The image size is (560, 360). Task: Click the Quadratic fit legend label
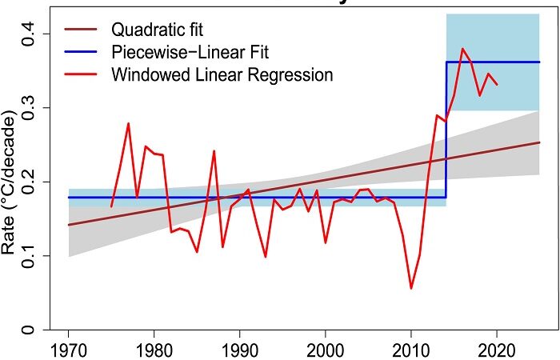(x=157, y=30)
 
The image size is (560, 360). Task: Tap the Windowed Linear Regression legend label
(x=222, y=75)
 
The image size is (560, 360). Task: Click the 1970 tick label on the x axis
(x=69, y=350)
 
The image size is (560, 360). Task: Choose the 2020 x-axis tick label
(x=497, y=350)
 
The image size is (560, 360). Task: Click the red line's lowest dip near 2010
(x=411, y=288)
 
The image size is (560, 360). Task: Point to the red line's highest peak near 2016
(x=462, y=49)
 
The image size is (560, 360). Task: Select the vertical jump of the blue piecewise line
(x=446, y=128)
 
